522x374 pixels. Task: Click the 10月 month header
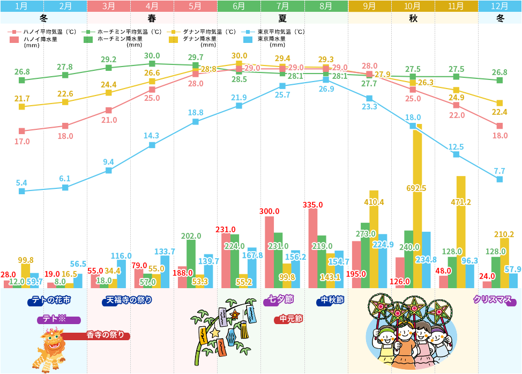point(412,6)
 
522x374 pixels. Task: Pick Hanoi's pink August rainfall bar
point(313,247)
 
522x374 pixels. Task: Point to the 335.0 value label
point(312,204)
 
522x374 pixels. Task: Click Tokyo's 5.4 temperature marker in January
point(21,191)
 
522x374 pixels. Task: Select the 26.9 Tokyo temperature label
point(326,89)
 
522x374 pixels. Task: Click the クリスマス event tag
point(494,300)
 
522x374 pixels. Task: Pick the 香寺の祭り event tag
point(107,335)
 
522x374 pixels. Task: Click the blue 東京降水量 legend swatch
point(249,39)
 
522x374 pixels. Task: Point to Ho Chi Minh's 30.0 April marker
point(152,64)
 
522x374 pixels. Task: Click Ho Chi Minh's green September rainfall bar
point(365,255)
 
